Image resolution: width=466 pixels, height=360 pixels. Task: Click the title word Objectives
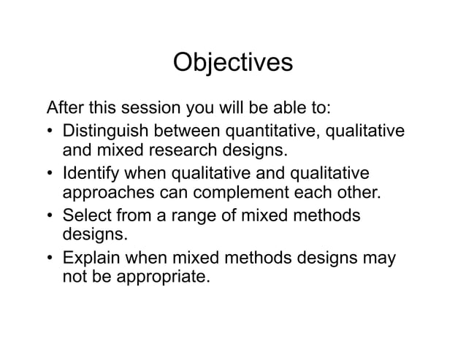[232, 63]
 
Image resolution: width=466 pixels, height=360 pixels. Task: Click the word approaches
[106, 194]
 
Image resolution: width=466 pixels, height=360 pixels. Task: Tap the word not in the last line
[75, 277]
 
